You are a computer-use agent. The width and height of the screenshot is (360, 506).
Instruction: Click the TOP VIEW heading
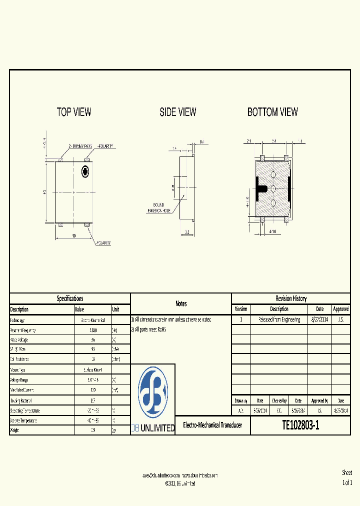coord(74,112)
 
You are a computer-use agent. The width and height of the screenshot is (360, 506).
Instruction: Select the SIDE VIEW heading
coord(178,112)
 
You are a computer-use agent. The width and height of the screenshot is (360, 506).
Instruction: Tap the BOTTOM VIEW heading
coord(272,112)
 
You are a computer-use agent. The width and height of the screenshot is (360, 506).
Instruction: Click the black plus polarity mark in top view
coord(85,171)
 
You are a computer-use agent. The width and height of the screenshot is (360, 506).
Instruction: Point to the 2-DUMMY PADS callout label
coord(80,146)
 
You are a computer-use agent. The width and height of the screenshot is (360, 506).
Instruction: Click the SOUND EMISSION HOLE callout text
coord(159,208)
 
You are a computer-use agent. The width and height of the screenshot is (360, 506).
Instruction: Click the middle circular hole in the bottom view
coord(273,188)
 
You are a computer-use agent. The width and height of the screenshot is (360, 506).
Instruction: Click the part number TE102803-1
coord(300,426)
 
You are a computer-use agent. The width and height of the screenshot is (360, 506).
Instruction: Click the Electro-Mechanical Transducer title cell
coord(212,425)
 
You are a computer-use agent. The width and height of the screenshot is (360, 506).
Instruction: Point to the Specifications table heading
coord(70,298)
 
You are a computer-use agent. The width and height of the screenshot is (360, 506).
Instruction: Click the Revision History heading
coord(291,298)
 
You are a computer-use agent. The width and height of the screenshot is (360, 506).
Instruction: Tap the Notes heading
coord(181,303)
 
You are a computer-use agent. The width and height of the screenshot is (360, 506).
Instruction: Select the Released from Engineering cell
coord(279,319)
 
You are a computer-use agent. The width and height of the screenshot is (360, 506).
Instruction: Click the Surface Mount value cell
coord(92,369)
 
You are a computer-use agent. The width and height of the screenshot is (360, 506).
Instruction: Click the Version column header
coord(241,309)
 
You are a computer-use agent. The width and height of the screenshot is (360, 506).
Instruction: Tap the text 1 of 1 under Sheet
coord(347,482)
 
